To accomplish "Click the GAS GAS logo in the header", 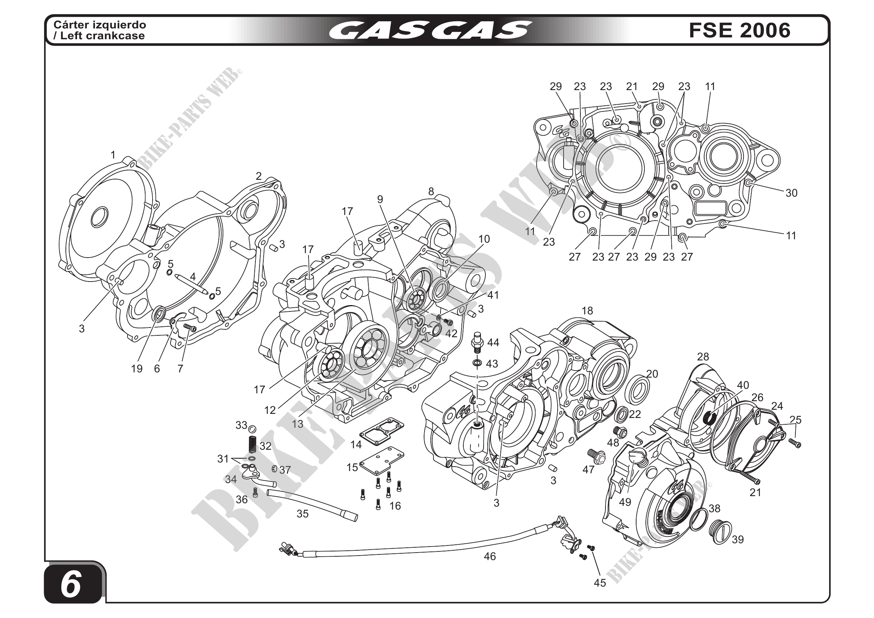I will pos(430,30).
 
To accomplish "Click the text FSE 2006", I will pos(739,30).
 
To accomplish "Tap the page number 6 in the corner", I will pos(71,585).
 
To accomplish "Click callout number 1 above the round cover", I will pos(113,155).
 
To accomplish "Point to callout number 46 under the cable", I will pos(490,556).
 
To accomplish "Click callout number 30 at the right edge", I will pos(791,193).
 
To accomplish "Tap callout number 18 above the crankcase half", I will pos(587,311).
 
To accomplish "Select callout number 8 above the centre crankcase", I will pos(431,191).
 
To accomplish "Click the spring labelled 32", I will pos(252,444).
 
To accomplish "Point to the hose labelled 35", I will pos(312,505).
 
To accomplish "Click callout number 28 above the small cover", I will pos(703,357).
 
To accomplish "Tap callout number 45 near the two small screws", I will pos(599,582).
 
